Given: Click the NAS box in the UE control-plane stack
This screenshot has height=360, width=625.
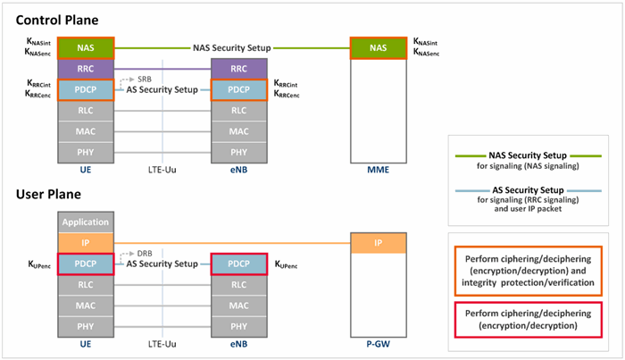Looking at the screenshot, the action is [86, 48].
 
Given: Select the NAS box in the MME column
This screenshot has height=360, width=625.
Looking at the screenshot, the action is [379, 48].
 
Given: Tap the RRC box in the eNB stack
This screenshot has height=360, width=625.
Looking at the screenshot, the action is [238, 69].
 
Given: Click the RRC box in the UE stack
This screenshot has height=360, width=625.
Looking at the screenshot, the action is [86, 69].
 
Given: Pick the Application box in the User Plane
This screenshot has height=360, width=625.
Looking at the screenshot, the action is [86, 222].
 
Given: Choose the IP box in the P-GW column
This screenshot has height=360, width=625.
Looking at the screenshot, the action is [379, 243].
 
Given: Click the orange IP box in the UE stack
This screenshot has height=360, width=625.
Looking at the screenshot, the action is [86, 243].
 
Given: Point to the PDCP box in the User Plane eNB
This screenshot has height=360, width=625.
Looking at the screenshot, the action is [238, 264].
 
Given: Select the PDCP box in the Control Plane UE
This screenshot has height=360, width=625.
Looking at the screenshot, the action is [86, 89].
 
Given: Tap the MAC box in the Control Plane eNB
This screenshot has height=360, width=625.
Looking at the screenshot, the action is [238, 131].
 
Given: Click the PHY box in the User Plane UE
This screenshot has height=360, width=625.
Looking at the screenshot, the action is [86, 327].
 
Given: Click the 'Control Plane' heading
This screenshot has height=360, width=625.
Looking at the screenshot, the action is [57, 20].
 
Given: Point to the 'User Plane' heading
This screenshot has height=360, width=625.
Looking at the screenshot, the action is [48, 194].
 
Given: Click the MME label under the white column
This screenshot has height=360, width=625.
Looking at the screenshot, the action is [379, 170].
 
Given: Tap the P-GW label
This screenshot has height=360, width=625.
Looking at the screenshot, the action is [379, 344].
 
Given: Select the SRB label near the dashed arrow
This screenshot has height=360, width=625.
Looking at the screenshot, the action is [145, 80].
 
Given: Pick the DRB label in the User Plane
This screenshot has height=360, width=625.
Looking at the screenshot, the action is [145, 254].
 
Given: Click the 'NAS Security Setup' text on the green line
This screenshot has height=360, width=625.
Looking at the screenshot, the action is [232, 48].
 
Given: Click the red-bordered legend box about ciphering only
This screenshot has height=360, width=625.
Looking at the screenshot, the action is [529, 320].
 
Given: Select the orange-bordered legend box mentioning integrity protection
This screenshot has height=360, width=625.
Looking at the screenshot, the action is [529, 271].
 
